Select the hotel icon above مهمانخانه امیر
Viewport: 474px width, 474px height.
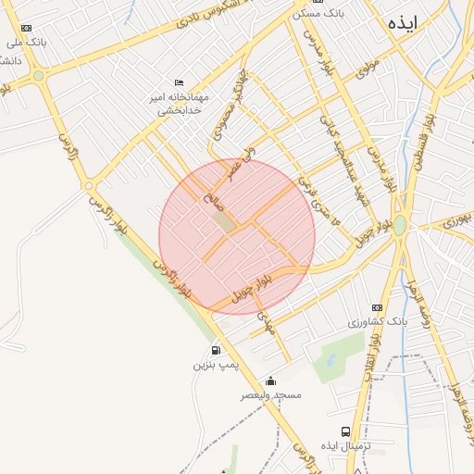[179, 82]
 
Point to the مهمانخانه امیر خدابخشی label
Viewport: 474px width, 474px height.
[181, 103]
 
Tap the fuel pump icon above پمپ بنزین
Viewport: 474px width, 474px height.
[216, 350]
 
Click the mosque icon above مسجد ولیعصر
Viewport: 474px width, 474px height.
[270, 380]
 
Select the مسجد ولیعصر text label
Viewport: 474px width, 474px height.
[271, 394]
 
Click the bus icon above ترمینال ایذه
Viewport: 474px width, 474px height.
[345, 431]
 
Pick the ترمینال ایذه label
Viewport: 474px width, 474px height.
[345, 446]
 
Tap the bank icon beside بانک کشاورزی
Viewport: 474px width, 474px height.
[376, 307]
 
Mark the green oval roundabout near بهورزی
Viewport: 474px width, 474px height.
[399, 226]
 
